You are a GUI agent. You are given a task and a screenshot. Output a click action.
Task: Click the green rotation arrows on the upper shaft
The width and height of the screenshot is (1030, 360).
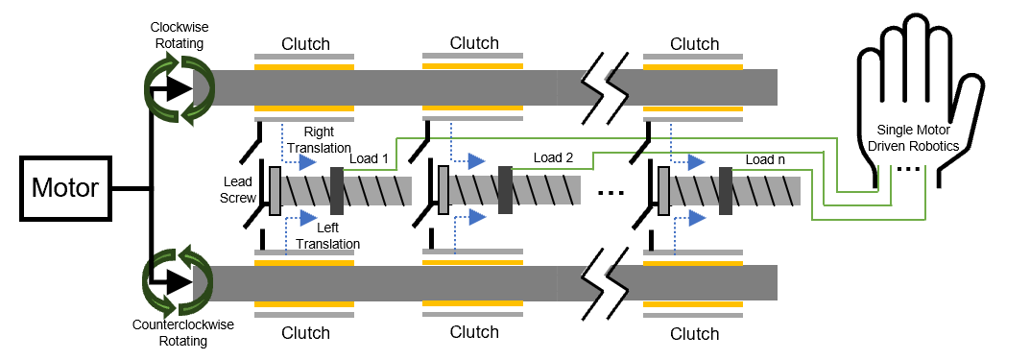[x=179, y=88]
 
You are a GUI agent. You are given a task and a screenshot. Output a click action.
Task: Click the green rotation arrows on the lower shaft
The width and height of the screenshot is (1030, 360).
[x=178, y=282]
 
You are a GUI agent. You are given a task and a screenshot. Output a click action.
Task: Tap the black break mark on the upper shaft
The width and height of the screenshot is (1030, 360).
[x=604, y=87]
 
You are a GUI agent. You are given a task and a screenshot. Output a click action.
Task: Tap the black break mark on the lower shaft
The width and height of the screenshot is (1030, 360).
[x=604, y=283]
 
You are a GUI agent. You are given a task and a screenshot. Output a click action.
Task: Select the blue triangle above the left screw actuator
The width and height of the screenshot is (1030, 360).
[x=307, y=162]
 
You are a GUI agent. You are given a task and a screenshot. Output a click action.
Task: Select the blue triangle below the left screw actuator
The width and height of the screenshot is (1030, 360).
[x=308, y=218]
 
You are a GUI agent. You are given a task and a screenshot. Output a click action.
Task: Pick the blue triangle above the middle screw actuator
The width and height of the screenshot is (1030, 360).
[x=476, y=161]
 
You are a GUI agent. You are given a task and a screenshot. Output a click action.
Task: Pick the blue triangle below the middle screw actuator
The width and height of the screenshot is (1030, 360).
[x=477, y=217]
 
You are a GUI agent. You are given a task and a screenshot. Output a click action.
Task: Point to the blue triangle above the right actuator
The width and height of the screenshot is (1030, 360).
[x=696, y=162]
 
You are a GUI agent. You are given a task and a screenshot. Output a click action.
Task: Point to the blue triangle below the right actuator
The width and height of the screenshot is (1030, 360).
[x=697, y=218]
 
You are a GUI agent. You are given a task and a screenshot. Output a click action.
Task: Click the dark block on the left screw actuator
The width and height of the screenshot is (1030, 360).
[x=337, y=191]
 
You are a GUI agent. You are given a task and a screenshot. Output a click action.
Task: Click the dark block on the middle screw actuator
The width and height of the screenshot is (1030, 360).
[x=505, y=190]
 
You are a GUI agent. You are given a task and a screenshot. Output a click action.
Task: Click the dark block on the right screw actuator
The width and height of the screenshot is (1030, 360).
[x=726, y=191]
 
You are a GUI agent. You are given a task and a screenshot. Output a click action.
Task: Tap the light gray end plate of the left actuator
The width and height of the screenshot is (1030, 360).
[x=275, y=191]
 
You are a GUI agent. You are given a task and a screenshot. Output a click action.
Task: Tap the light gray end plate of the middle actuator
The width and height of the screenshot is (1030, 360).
[x=443, y=190]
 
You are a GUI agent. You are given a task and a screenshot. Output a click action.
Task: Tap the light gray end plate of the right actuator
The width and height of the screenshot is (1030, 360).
[x=663, y=191]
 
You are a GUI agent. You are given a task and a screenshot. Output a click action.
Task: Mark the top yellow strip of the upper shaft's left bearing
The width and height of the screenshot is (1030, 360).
[x=304, y=67]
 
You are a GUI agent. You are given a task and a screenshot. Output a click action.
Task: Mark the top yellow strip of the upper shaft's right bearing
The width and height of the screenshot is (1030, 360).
[x=693, y=67]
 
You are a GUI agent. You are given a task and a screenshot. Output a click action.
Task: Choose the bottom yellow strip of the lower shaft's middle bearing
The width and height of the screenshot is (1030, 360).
[x=472, y=303]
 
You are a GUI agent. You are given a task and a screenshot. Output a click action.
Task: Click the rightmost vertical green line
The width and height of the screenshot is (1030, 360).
[x=925, y=192]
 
